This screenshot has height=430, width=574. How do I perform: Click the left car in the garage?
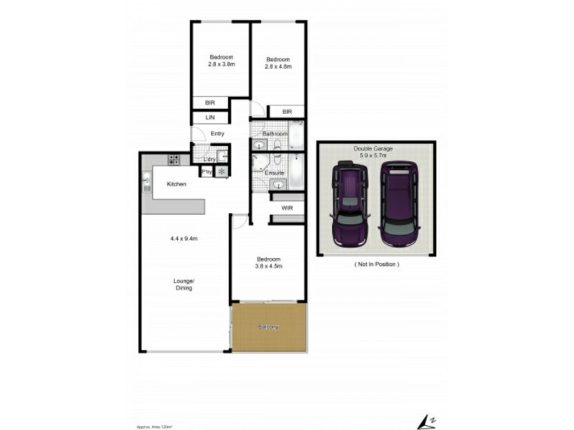(x=351, y=206)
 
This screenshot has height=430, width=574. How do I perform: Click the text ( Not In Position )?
(x=377, y=264)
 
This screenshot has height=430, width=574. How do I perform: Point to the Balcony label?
(x=268, y=328)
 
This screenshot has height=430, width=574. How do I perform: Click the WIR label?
(x=286, y=208)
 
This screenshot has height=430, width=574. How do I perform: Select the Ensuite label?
(x=274, y=173)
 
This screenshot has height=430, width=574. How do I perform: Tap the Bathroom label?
(x=274, y=134)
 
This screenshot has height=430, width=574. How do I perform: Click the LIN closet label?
(x=210, y=117)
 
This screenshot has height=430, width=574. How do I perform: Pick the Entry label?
(x=217, y=133)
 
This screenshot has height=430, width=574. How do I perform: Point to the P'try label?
(x=206, y=171)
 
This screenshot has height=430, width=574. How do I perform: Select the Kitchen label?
(x=177, y=184)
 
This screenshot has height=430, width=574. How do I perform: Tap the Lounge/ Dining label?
(x=184, y=284)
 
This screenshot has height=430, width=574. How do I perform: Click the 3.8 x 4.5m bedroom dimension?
(x=268, y=266)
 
